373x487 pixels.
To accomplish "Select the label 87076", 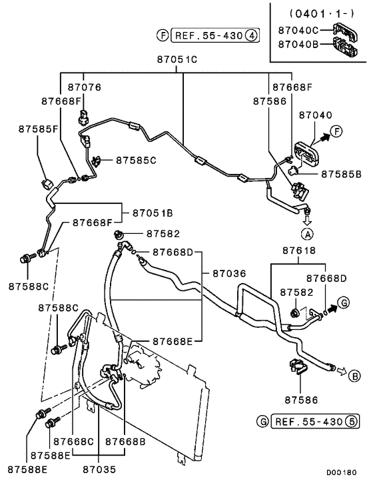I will (83, 87).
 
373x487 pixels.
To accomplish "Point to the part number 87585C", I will (136, 160).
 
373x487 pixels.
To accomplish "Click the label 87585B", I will (341, 173).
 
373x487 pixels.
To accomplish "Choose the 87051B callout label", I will (153, 213).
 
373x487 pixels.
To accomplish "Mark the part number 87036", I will (229, 272).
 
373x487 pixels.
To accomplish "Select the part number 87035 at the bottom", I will (99, 469).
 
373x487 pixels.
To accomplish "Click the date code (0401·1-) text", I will (314, 13).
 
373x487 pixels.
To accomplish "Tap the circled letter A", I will (307, 234).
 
